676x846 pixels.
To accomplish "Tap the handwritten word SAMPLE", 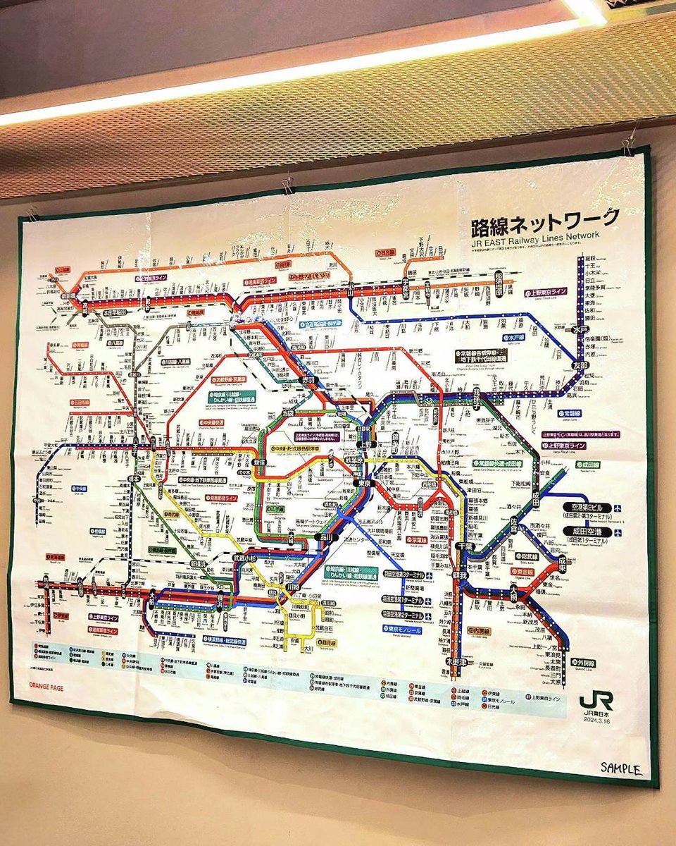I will click(622, 768).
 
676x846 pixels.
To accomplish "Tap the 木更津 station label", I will click(456, 661).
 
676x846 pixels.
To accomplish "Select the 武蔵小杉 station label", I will click(246, 558).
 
